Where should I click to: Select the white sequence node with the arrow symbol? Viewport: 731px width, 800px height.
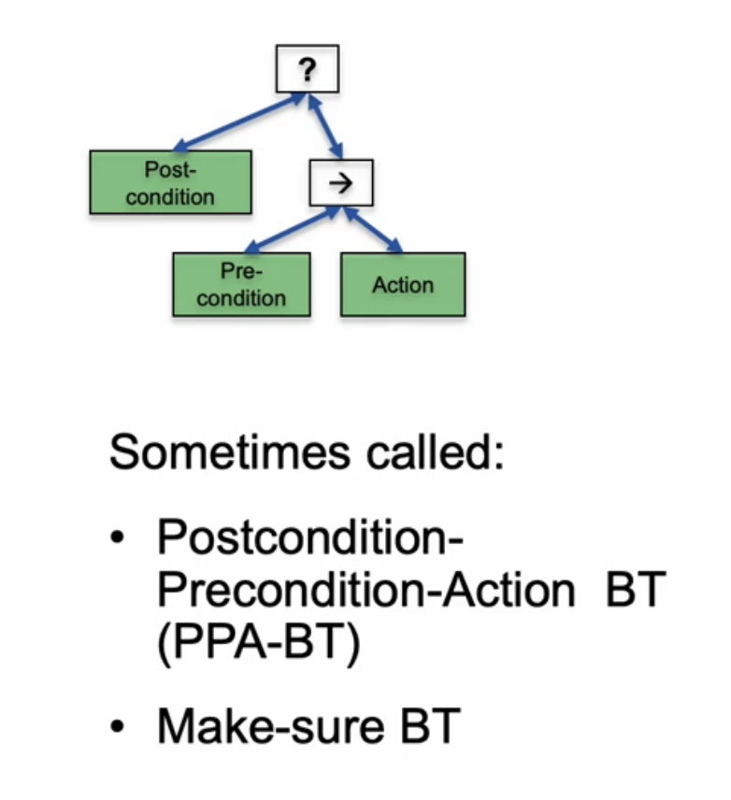click(341, 183)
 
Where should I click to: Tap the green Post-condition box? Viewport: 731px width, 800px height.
click(170, 183)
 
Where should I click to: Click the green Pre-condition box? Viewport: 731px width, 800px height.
click(241, 285)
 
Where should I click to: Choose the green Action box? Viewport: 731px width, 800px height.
click(403, 285)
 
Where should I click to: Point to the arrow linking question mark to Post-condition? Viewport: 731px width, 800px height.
click(238, 121)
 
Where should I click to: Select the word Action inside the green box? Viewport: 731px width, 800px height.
click(403, 285)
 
